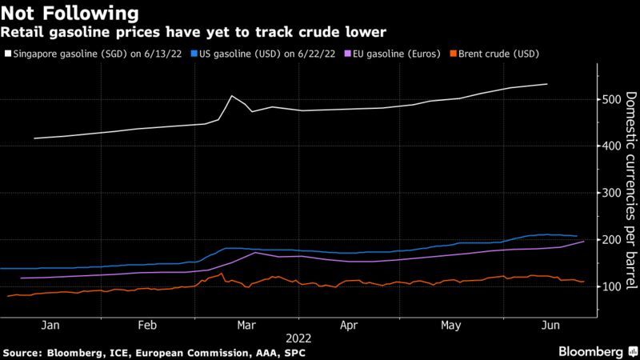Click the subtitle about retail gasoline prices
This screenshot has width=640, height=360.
pos(197,32)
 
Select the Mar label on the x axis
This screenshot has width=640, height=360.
pos(246,326)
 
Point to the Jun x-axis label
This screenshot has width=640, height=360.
pos(550,326)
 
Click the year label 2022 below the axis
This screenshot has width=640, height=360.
pos(297,338)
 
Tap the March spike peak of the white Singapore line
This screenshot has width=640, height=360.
pos(232,96)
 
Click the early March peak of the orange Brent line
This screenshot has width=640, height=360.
pos(221,274)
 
